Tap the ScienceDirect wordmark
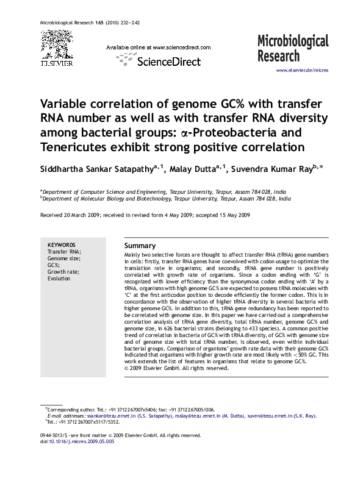pos(164,62)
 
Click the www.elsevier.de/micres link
pos(303,71)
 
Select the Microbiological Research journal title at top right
pos(292,48)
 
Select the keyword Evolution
pos(59,278)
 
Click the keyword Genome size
pos(63,258)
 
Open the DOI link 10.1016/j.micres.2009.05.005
pos(81,441)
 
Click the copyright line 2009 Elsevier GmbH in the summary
pos(179,368)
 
